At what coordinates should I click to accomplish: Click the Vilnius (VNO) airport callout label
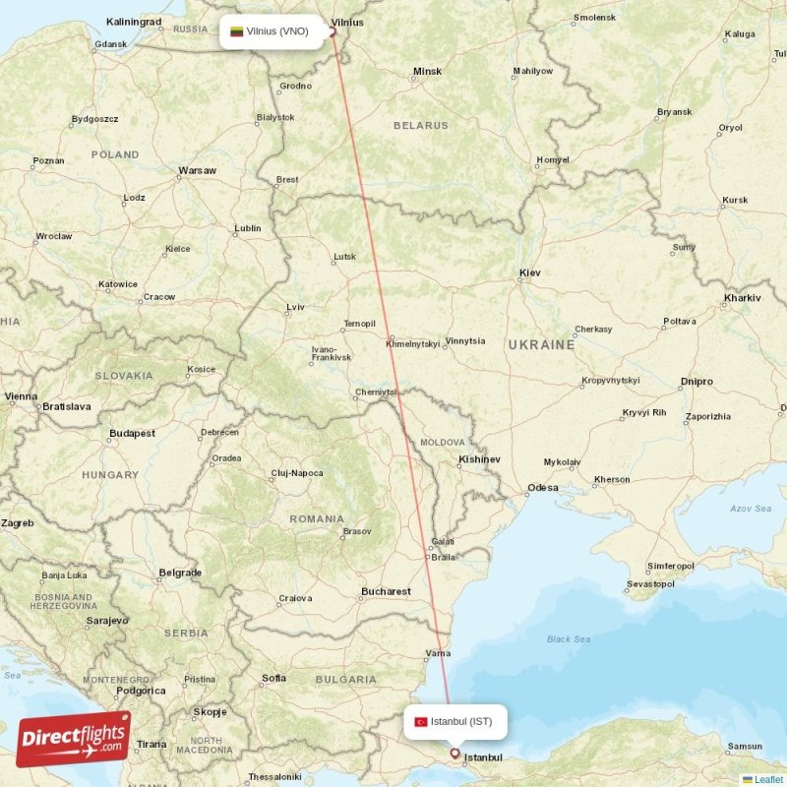click(x=270, y=31)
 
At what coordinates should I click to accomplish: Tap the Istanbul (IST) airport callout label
click(x=454, y=721)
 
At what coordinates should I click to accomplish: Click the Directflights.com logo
click(x=74, y=739)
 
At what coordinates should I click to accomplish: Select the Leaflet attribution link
click(x=767, y=779)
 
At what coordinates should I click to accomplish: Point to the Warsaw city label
click(x=197, y=170)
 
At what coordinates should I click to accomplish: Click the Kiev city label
click(x=530, y=272)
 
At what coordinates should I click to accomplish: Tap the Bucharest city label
click(x=386, y=591)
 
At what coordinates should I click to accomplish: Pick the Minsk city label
click(x=427, y=72)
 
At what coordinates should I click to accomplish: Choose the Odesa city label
click(x=542, y=488)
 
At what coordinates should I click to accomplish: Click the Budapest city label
click(x=132, y=433)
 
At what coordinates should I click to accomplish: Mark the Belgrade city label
click(x=180, y=573)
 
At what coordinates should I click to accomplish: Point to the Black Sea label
click(x=569, y=639)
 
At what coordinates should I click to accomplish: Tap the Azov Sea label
click(x=751, y=509)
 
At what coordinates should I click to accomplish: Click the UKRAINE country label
click(x=541, y=345)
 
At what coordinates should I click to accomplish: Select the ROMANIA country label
click(x=317, y=518)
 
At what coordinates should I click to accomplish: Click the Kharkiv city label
click(x=742, y=297)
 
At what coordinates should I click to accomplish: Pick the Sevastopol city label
click(x=650, y=583)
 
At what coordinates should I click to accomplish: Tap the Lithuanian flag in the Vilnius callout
click(x=237, y=31)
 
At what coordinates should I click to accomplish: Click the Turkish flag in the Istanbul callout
click(x=421, y=721)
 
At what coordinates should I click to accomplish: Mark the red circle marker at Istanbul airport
click(x=454, y=754)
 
